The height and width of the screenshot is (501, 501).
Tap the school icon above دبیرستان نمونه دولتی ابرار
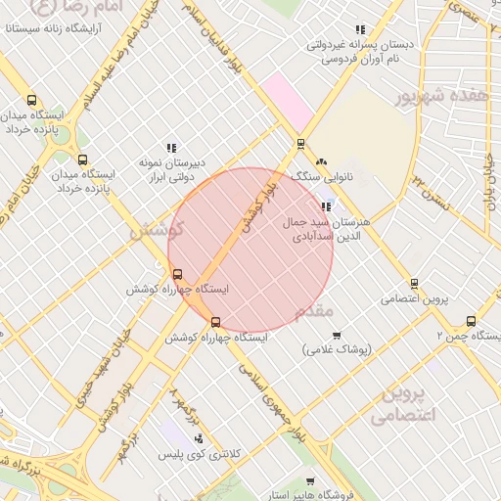point(171,148)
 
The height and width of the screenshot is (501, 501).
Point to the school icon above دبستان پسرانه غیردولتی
point(360,29)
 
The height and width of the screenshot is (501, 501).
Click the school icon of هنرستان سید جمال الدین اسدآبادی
point(325,206)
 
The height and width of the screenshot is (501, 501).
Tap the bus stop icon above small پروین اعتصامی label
point(414,284)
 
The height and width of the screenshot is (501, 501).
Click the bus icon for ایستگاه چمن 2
point(472,320)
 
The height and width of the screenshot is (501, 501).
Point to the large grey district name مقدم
point(315,311)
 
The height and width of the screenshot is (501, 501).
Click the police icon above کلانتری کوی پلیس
point(199,439)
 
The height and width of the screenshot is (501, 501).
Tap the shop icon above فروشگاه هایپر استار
point(309,480)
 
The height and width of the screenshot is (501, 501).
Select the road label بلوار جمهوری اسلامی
point(263,387)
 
